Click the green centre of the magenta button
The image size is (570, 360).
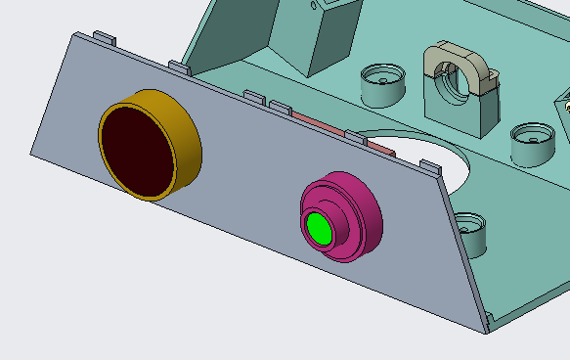318,227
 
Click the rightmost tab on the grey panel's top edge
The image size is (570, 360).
430,167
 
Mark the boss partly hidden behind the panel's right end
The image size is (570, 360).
471,232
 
